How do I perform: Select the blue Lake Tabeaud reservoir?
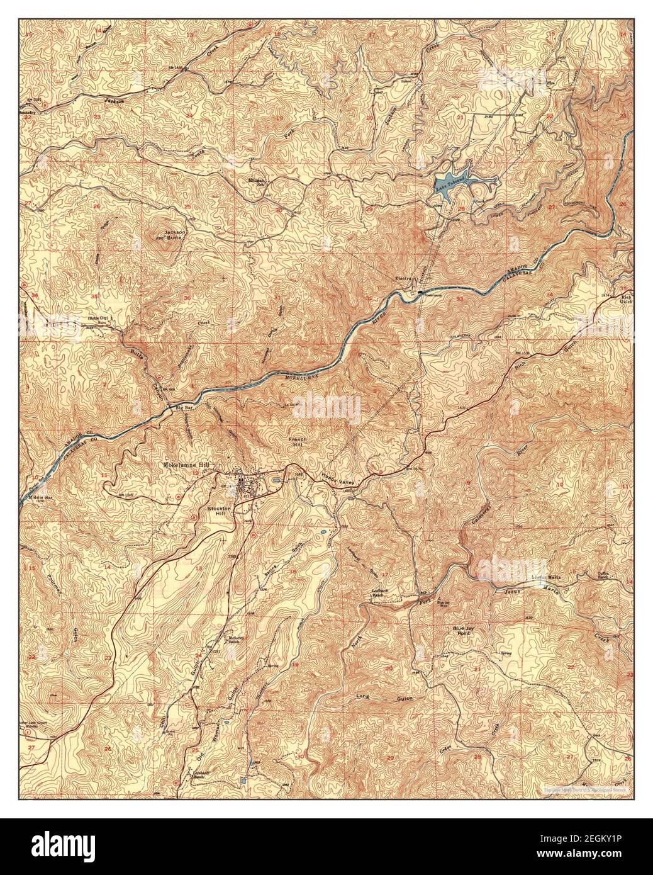click(x=452, y=184)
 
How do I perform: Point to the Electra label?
click(x=403, y=278)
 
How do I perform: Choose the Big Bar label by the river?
click(x=184, y=409)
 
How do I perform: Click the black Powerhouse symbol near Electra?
click(x=420, y=291)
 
